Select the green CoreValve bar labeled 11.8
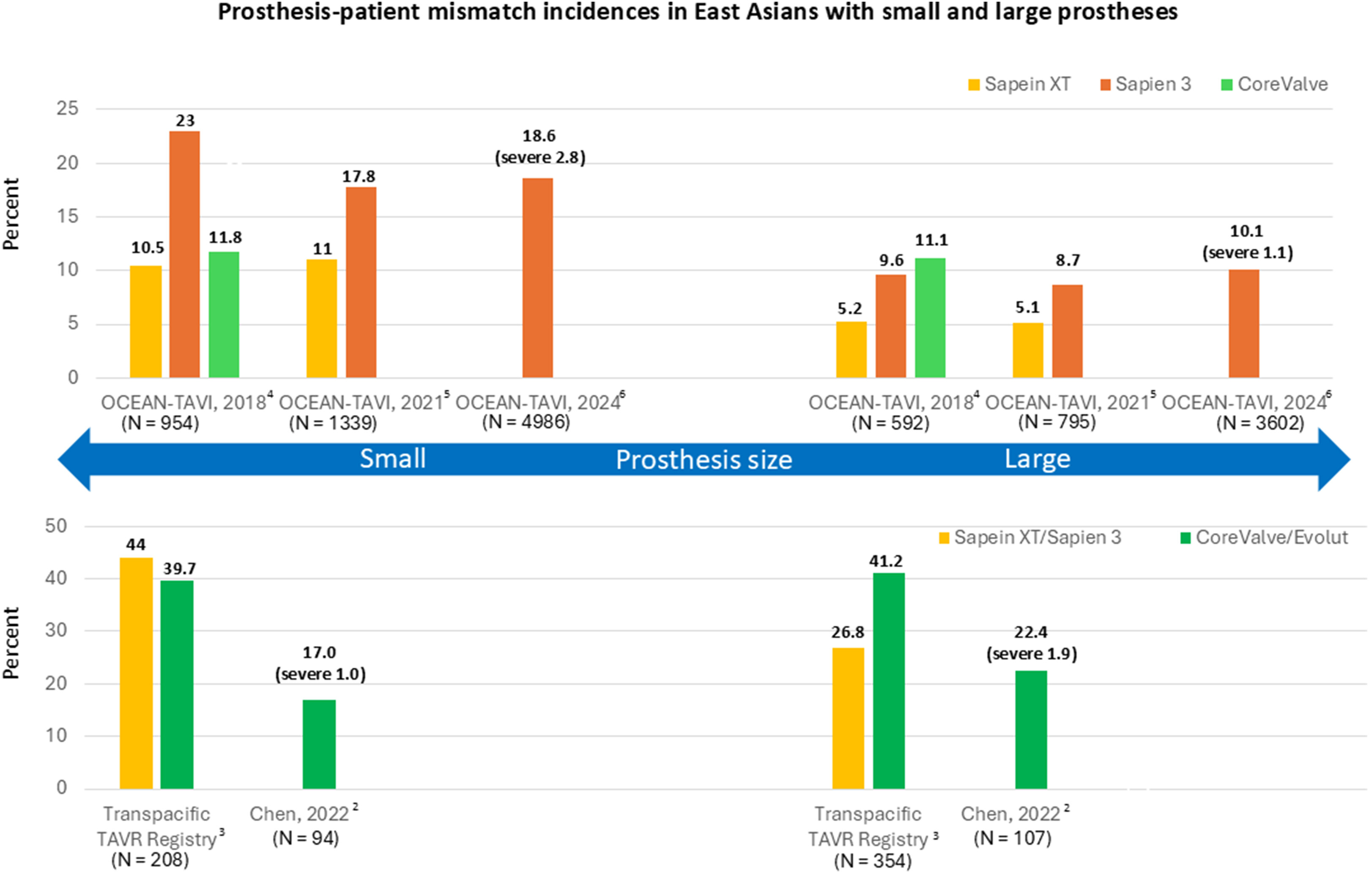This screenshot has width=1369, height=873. (224, 314)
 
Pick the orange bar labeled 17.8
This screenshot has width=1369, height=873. (361, 282)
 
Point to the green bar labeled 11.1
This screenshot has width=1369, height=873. (930, 318)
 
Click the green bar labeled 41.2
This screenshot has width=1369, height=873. (889, 680)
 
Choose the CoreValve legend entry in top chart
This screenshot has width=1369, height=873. (1275, 84)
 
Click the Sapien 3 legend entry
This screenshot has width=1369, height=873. (1146, 84)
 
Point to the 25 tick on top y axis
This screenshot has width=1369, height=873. (68, 108)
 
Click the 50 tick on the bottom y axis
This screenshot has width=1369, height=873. (56, 526)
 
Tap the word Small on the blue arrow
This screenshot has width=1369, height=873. (393, 458)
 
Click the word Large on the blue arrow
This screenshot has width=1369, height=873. (1038, 458)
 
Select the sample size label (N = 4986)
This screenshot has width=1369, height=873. (526, 422)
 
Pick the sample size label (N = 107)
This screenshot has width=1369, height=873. (1013, 838)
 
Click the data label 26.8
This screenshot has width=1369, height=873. (848, 632)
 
